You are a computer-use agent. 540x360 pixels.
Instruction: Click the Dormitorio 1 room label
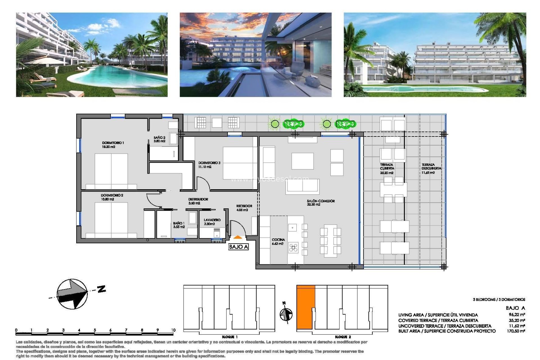coord(113,145)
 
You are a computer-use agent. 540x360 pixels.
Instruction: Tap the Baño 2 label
coord(159,139)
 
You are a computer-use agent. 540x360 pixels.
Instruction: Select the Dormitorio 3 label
coord(209,165)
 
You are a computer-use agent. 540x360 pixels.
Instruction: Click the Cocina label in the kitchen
coord(278,241)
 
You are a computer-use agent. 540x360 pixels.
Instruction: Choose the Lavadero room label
coord(212,222)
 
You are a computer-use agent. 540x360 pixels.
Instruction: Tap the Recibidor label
coord(244,208)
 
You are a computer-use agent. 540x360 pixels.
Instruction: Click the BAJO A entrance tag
coord(238,247)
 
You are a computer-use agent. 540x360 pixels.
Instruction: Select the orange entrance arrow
coord(238,238)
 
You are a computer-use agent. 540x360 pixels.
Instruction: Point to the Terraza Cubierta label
coord(387,168)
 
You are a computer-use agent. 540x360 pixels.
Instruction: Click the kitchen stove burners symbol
coord(293,247)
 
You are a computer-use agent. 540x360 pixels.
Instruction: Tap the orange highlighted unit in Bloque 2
coord(305,307)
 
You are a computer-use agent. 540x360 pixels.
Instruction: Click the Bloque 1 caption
coord(229,337)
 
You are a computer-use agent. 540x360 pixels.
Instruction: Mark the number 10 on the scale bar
coord(173,330)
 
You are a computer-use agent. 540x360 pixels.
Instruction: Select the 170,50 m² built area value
coord(516,331)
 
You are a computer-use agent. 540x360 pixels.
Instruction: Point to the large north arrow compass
coord(72,294)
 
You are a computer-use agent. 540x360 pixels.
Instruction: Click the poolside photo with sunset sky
coord(255,55)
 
